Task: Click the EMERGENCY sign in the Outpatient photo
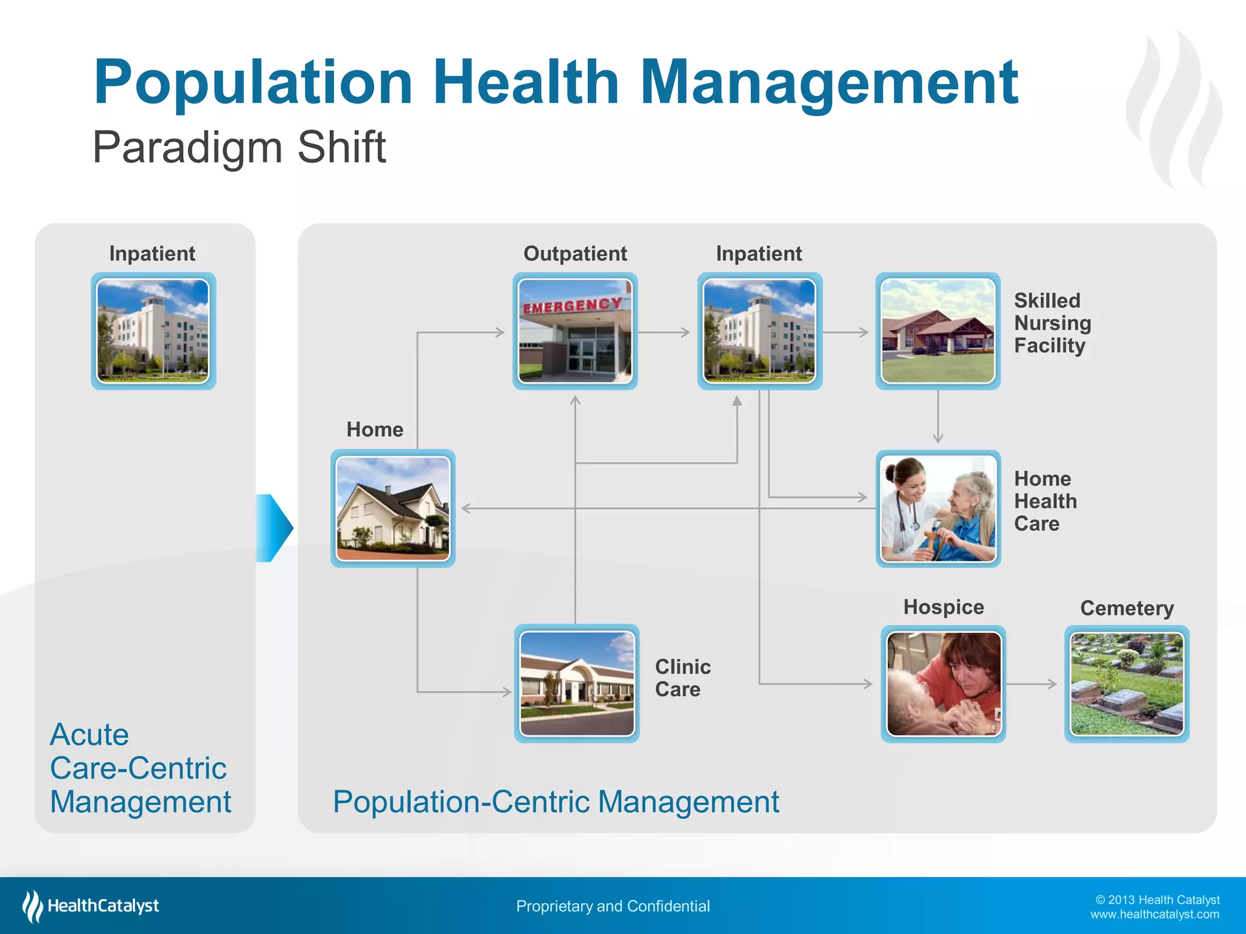(573, 305)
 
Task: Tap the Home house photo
(393, 508)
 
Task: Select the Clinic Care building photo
(577, 683)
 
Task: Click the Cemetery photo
(1127, 683)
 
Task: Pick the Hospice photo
(943, 683)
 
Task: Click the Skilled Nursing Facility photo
(938, 331)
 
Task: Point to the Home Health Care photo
(938, 508)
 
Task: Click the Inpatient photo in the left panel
(153, 331)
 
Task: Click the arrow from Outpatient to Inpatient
(664, 332)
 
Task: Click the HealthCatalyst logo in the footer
(91, 906)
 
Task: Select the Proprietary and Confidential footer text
(613, 906)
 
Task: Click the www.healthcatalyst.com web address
(1154, 915)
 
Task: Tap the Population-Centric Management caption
(555, 801)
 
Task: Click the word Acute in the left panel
(89, 735)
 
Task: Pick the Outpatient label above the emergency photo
(575, 254)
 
